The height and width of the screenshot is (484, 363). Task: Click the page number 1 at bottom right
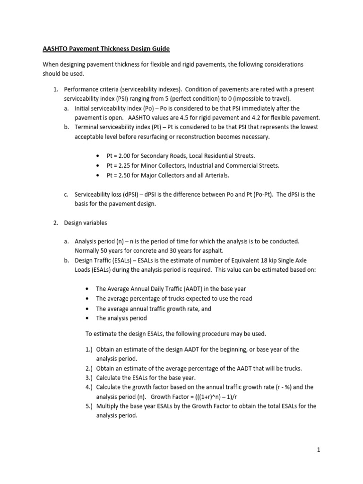pos(319,450)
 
